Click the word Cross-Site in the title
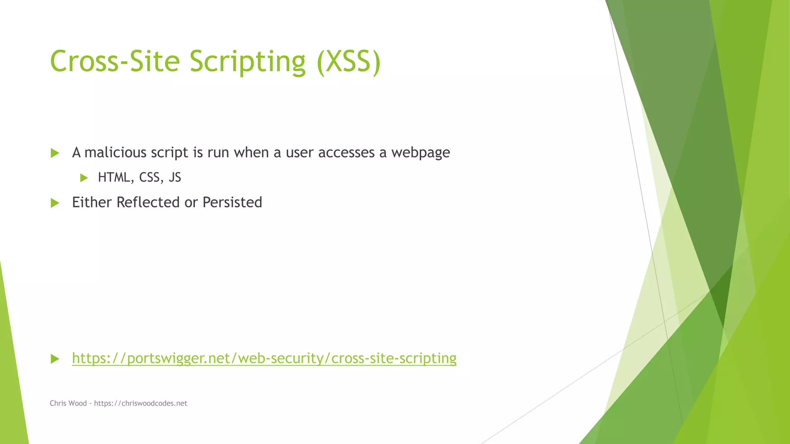click(115, 61)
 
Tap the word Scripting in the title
click(247, 61)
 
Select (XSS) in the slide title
click(349, 61)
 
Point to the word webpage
click(420, 153)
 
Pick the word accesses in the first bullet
click(346, 153)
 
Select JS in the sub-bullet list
click(175, 177)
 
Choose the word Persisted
click(232, 202)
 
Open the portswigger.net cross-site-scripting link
click(264, 358)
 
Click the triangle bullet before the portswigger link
click(55, 359)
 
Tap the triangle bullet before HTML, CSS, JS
click(84, 178)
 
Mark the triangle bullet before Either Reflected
click(55, 203)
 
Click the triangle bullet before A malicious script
click(55, 153)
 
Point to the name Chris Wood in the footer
click(68, 403)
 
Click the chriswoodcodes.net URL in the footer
click(140, 403)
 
